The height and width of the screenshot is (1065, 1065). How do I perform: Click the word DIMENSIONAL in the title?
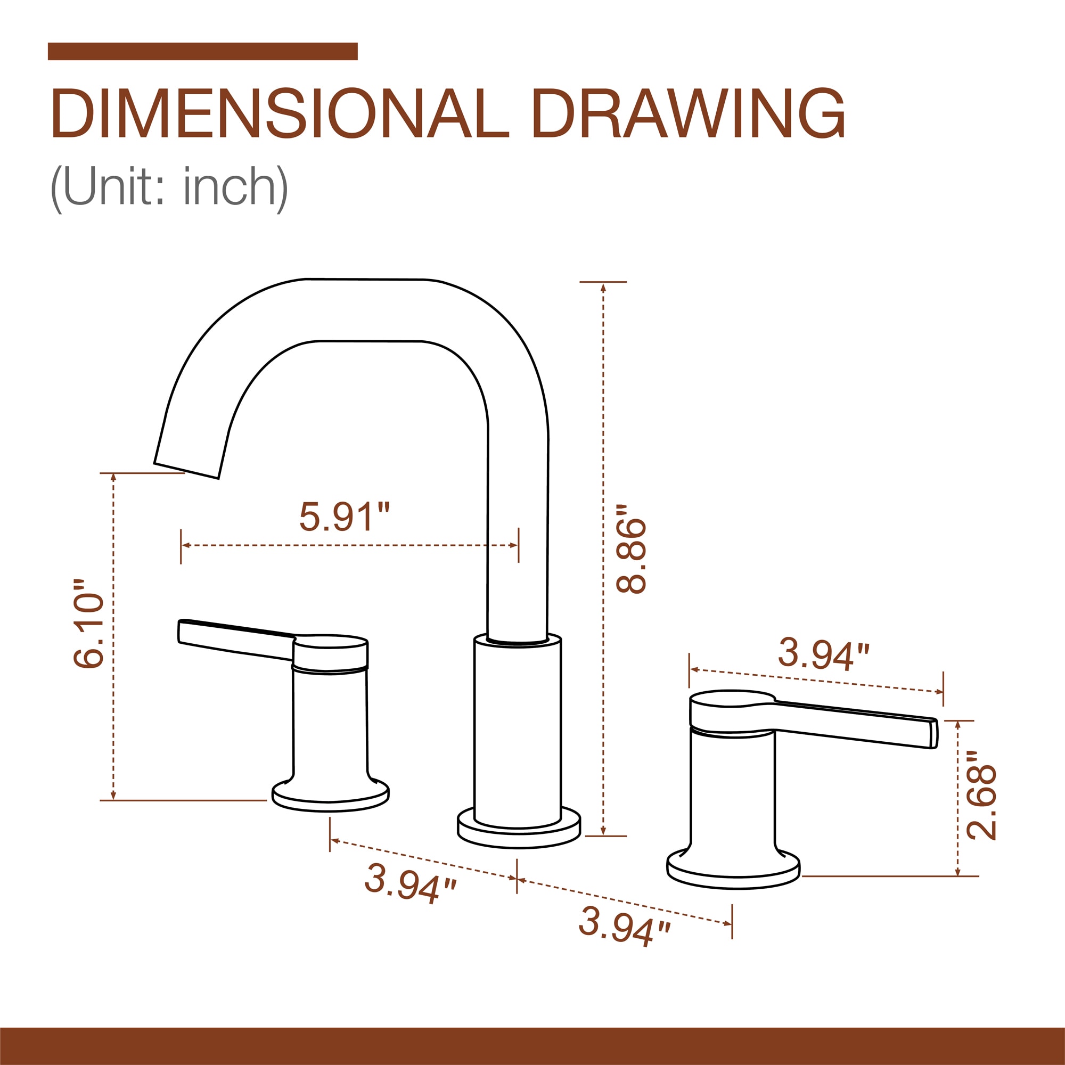click(x=280, y=113)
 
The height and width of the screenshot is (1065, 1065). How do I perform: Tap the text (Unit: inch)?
click(x=169, y=188)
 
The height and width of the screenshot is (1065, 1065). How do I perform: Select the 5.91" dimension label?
click(x=344, y=517)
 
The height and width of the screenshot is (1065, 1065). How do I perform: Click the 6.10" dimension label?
click(x=88, y=624)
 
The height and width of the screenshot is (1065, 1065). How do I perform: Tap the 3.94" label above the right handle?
click(x=823, y=654)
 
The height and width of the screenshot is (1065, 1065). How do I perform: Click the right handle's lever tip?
click(x=934, y=734)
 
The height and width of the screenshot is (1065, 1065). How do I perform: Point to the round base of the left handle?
click(x=331, y=798)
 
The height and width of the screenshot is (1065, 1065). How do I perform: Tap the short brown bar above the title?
click(x=202, y=51)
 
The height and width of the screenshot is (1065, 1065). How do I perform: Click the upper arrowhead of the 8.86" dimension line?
click(x=604, y=287)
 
